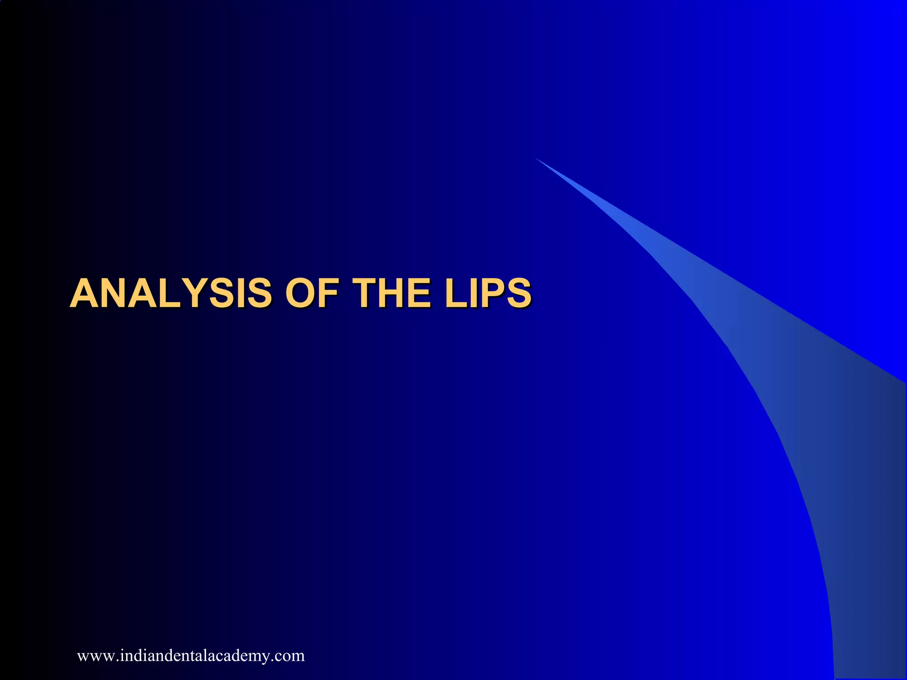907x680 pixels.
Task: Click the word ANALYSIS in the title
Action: (171, 293)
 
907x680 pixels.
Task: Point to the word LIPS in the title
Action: (488, 293)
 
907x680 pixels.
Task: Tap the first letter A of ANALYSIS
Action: (85, 293)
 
